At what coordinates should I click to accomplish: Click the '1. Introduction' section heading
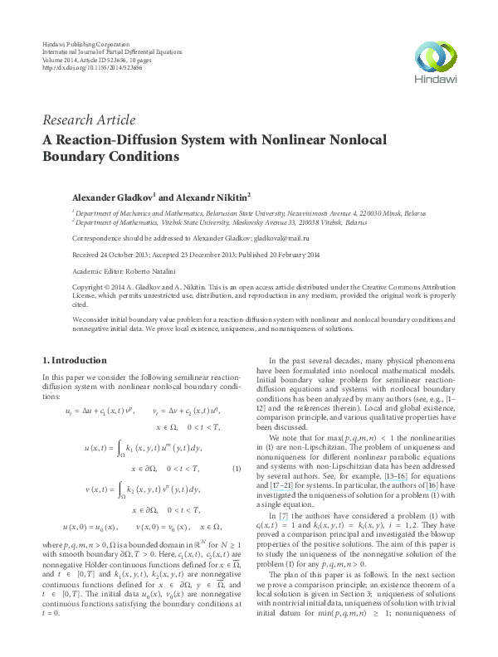74,360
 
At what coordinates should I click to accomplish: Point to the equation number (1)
237,469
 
